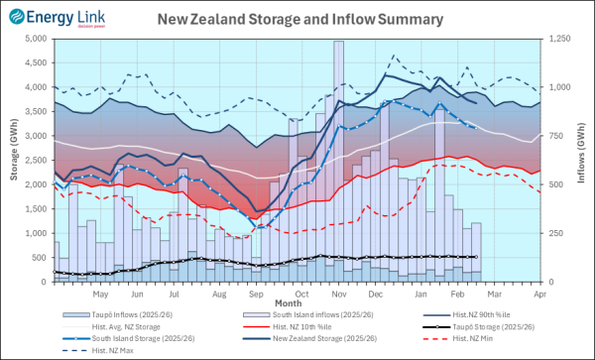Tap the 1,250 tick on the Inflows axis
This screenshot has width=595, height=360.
point(560,39)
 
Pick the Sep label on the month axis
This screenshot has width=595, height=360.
point(256,294)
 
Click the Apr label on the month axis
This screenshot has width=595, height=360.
point(540,294)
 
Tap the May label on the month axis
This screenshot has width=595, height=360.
point(100,294)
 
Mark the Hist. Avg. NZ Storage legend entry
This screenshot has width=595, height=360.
point(124,326)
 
